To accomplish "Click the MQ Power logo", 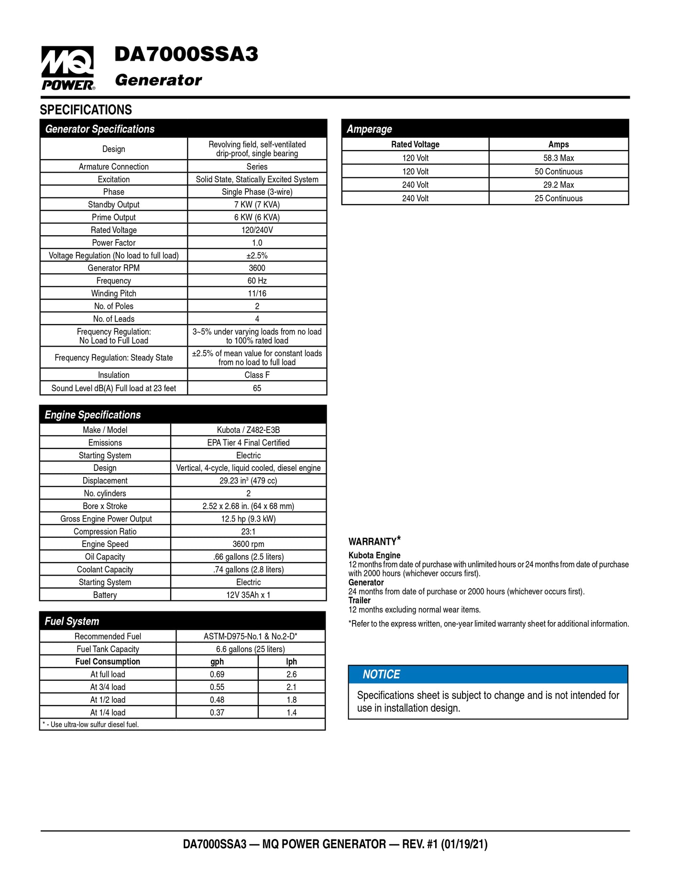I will tap(67, 68).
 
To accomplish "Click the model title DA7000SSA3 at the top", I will tap(186, 55).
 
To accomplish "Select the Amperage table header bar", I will tap(485, 129).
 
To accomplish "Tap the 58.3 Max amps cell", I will tap(558, 158).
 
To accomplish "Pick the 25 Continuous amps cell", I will tap(558, 198).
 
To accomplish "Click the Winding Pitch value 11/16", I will tap(257, 294).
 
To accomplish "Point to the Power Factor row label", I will tap(114, 243).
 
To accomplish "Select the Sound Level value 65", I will tap(257, 388).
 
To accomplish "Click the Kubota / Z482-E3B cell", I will tap(248, 430).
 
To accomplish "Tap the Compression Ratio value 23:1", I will tap(248, 532).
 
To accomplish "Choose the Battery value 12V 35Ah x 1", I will tap(248, 595).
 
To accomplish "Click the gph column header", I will tap(217, 662).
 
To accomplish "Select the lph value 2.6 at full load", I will tap(291, 675).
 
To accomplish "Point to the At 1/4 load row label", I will tap(108, 712).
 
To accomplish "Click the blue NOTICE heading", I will tap(381, 675).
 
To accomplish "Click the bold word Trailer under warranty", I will tap(359, 600).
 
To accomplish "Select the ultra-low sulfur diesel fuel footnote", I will tap(91, 725).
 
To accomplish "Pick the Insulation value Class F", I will tap(257, 375).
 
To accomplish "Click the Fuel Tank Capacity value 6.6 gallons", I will tap(250, 649).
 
